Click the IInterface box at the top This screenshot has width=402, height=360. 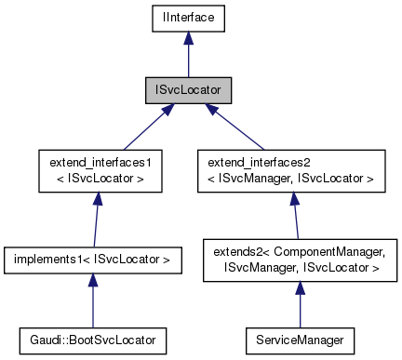tap(187, 17)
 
